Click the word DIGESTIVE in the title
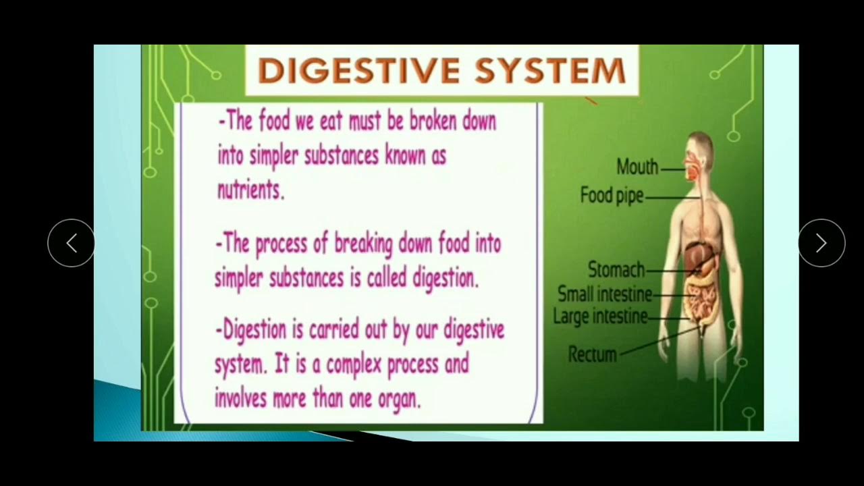358,71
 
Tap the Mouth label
637,167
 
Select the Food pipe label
612,196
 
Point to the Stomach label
616,270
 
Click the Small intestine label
604,294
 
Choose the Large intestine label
600,316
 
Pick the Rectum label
592,354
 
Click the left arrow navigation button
71,243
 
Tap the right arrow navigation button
821,243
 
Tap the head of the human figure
699,152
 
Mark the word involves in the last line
241,398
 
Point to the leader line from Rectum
658,342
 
